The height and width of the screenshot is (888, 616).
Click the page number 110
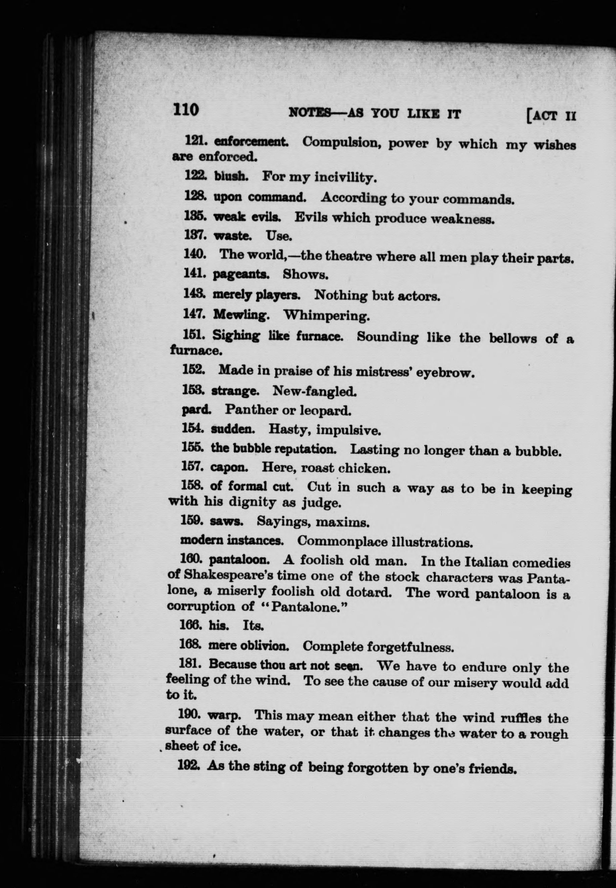pyautogui.click(x=186, y=109)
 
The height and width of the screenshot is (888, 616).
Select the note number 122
pyautogui.click(x=195, y=176)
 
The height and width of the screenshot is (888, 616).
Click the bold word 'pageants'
pyautogui.click(x=241, y=275)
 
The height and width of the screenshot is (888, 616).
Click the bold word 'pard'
pyautogui.click(x=196, y=409)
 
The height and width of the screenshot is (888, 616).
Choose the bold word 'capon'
pyautogui.click(x=229, y=468)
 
